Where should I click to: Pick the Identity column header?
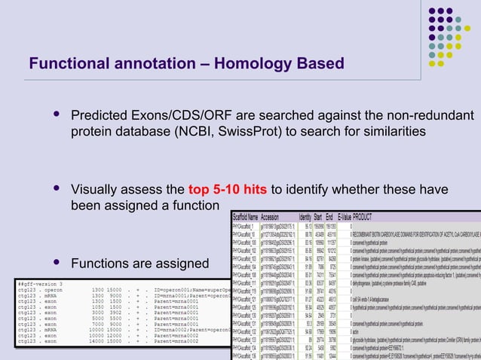pos(306,215)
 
